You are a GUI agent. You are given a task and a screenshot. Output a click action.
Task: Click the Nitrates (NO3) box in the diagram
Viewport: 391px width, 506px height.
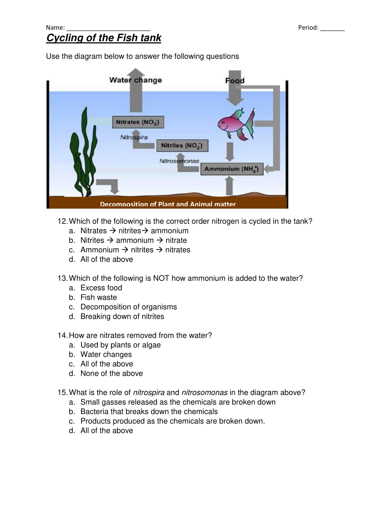pyautogui.click(x=138, y=122)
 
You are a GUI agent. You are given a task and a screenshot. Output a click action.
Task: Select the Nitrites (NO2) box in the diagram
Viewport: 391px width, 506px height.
pyautogui.click(x=182, y=145)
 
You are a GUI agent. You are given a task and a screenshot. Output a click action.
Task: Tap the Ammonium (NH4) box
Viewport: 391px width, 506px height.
pyautogui.click(x=231, y=169)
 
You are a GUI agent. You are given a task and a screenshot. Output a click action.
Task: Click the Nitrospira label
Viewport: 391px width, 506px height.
pyautogui.click(x=134, y=137)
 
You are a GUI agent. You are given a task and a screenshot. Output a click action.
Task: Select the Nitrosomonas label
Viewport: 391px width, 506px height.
pyautogui.click(x=179, y=161)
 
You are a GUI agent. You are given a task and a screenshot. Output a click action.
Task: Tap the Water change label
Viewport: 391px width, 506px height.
pyautogui.click(x=135, y=80)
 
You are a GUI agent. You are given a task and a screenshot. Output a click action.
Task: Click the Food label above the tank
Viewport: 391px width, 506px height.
pyautogui.click(x=235, y=80)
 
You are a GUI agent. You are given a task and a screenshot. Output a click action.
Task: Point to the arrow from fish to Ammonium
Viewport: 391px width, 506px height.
pyautogui.click(x=230, y=151)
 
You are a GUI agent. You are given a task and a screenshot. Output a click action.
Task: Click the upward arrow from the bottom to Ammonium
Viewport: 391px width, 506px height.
pyautogui.click(x=229, y=185)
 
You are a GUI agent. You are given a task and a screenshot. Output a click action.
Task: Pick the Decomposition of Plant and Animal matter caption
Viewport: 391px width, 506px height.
pyautogui.click(x=168, y=204)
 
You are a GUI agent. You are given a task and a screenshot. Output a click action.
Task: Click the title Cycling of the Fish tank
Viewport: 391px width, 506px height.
pyautogui.click(x=104, y=38)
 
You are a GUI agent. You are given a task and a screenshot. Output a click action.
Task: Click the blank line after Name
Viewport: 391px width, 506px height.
pyautogui.click(x=108, y=28)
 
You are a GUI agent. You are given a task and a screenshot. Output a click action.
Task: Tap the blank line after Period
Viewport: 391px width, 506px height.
pyautogui.click(x=332, y=28)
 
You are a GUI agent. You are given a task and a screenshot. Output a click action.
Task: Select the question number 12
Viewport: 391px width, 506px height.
pyautogui.click(x=62, y=221)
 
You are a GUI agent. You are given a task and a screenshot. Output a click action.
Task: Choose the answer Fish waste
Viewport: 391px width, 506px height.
pyautogui.click(x=99, y=297)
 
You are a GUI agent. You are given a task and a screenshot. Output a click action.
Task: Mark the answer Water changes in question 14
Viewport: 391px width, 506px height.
pyautogui.click(x=106, y=355)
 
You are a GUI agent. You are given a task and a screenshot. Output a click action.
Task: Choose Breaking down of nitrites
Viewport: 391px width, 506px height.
pyautogui.click(x=122, y=317)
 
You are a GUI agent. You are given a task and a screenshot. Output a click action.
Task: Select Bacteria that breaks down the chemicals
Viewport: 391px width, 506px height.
pyautogui.click(x=149, y=412)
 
